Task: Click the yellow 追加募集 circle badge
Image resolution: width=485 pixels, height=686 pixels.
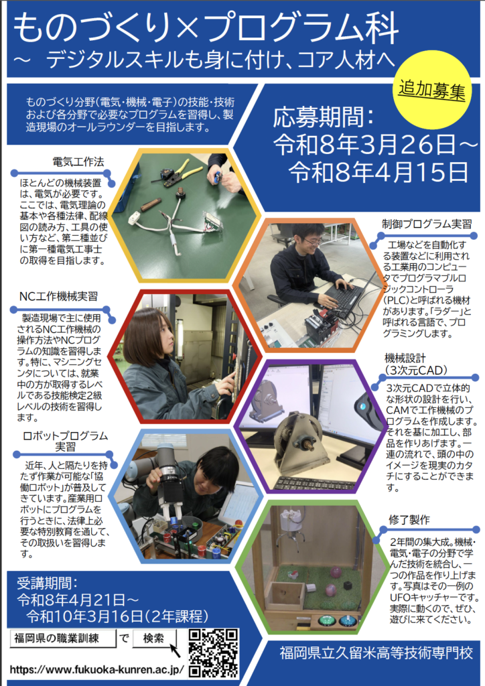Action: click(x=432, y=90)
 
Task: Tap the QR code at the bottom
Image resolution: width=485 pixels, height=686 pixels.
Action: click(x=214, y=653)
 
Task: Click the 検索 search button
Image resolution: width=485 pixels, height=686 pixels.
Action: click(x=154, y=638)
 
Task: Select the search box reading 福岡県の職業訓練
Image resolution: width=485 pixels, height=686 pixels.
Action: click(x=63, y=638)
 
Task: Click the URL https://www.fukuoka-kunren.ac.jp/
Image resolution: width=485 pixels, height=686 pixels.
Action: click(x=96, y=670)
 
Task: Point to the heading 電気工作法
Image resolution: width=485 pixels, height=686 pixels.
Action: click(x=78, y=162)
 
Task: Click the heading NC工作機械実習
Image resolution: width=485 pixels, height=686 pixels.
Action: click(x=58, y=296)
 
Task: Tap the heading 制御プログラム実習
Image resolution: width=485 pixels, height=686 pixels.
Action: click(x=427, y=224)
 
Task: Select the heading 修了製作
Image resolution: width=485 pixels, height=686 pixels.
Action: click(x=409, y=520)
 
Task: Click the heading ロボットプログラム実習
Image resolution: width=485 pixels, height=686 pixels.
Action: click(x=65, y=441)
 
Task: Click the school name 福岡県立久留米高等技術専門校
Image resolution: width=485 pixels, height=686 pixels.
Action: click(x=376, y=653)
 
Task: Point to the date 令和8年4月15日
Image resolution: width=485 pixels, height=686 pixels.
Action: click(x=378, y=172)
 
